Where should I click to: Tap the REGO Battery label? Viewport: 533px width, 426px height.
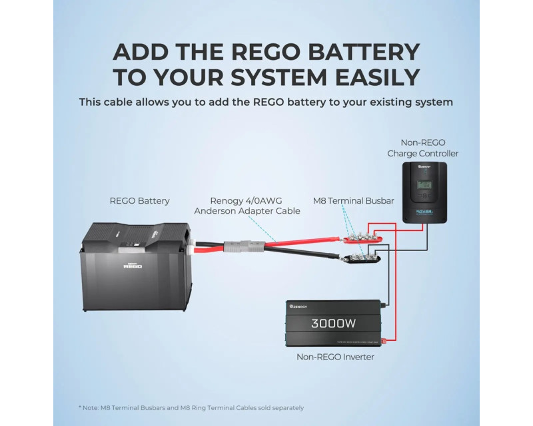[x=139, y=200]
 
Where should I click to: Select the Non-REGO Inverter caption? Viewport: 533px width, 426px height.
[x=335, y=357]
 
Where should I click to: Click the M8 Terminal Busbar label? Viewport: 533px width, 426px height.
[x=354, y=200]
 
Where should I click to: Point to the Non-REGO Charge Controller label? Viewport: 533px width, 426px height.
[x=423, y=148]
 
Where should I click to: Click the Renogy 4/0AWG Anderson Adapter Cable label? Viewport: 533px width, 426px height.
[x=247, y=206]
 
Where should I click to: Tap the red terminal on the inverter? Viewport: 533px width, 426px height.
[x=386, y=342]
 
